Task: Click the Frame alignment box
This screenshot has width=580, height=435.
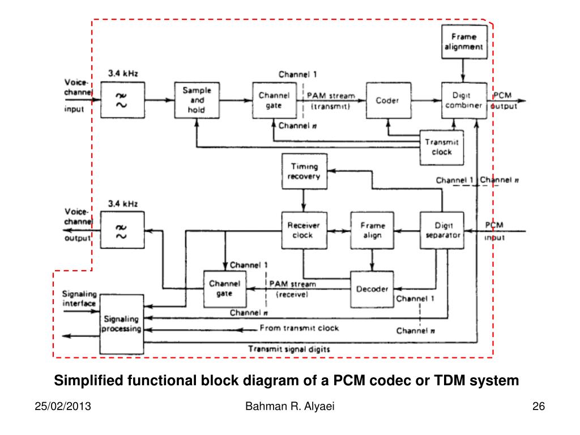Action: pos(464,42)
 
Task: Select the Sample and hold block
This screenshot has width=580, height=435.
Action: pos(197,100)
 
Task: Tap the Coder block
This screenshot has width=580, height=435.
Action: pos(389,100)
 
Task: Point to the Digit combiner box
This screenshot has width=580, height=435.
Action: pos(464,100)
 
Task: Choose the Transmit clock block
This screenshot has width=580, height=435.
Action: pos(442,147)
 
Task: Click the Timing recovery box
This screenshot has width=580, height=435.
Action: pos(304,171)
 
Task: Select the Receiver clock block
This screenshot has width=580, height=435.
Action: pos(304,230)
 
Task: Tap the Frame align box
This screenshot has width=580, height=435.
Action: pos(372,230)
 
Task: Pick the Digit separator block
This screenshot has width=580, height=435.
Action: pos(442,230)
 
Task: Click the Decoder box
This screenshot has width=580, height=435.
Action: pos(372,289)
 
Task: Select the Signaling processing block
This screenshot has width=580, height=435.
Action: pos(122,324)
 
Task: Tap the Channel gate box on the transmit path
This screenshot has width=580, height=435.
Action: pos(275,100)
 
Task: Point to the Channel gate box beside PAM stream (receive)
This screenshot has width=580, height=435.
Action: pos(225,289)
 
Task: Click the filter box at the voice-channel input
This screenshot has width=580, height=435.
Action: pos(123,100)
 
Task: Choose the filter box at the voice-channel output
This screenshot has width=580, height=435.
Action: pos(122,230)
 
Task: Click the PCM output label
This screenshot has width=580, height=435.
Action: pos(504,101)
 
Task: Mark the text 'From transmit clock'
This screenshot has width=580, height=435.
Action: pos(299,328)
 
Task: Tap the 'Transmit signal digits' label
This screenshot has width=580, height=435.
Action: pos(289,349)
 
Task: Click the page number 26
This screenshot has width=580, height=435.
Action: pos(539,406)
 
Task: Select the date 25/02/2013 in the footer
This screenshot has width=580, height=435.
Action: pos(63,406)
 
